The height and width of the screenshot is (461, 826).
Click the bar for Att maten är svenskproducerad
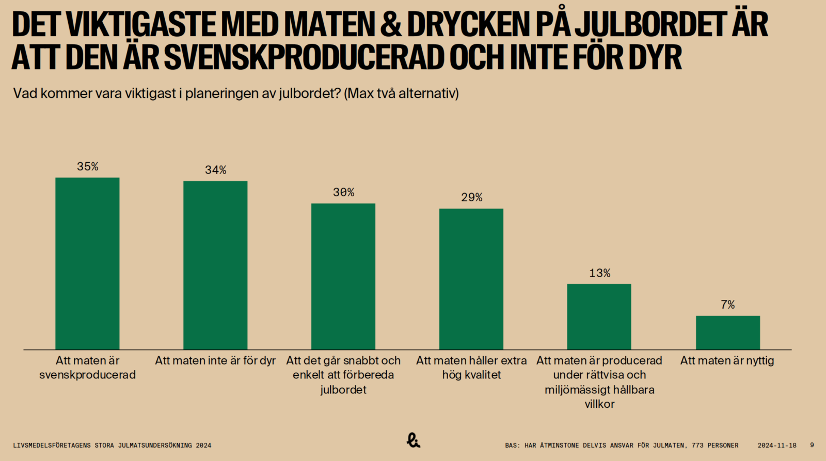tap(87, 263)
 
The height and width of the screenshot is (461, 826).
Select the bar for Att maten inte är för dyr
tap(215, 265)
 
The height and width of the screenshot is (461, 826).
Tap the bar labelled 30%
tap(343, 276)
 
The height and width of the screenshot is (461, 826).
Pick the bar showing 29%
tap(471, 279)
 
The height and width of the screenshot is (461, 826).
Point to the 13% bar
tap(599, 316)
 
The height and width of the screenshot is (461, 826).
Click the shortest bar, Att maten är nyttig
tap(727, 332)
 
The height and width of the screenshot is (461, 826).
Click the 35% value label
tap(87, 166)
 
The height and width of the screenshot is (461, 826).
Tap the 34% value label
tap(215, 170)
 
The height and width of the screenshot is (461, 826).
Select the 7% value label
tap(727, 305)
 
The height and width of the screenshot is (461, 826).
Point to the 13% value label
tap(599, 273)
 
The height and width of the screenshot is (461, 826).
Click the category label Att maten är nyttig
tap(727, 360)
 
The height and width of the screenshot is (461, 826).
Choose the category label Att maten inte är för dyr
tap(215, 360)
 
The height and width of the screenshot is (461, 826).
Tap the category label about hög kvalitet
tap(471, 368)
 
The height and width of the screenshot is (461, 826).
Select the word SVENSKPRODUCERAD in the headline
tap(305, 57)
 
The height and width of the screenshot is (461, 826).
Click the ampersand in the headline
tap(391, 24)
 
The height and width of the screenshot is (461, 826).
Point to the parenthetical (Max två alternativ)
tap(401, 93)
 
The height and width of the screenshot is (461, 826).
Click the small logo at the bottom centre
tap(413, 440)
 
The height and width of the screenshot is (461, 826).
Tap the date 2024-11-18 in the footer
tap(777, 445)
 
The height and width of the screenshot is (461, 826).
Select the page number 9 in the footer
tap(812, 445)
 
